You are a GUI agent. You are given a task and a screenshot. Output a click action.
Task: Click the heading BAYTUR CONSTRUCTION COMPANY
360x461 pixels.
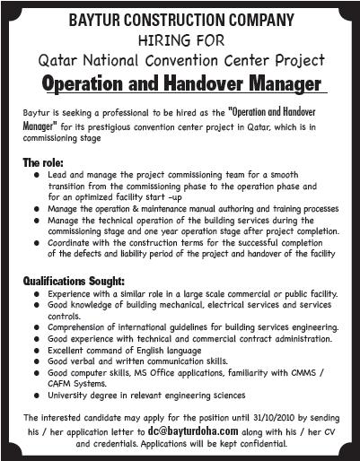[180, 17]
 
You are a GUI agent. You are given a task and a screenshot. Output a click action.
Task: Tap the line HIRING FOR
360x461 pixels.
[180, 39]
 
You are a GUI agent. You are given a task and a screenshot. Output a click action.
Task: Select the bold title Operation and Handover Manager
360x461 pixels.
[180, 84]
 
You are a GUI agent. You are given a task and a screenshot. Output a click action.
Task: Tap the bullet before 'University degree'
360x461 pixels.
[34, 394]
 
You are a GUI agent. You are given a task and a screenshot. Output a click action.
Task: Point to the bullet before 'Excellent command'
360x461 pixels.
[34, 351]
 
